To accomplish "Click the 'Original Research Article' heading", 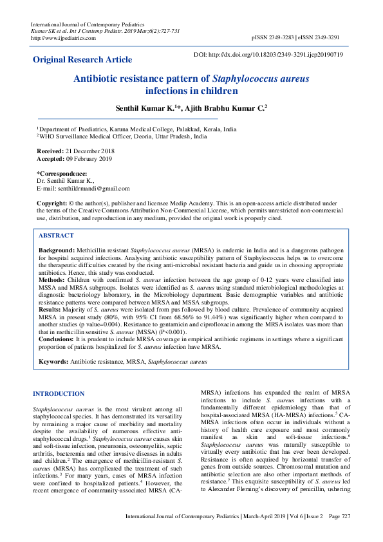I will coord(82,60).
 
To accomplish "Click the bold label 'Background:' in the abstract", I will coord(57,249).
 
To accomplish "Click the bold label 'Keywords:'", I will coord(53,362).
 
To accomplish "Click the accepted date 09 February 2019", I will coord(86,158).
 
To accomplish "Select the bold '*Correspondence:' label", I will coord(62,174).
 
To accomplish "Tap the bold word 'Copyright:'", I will coord(53,203).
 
